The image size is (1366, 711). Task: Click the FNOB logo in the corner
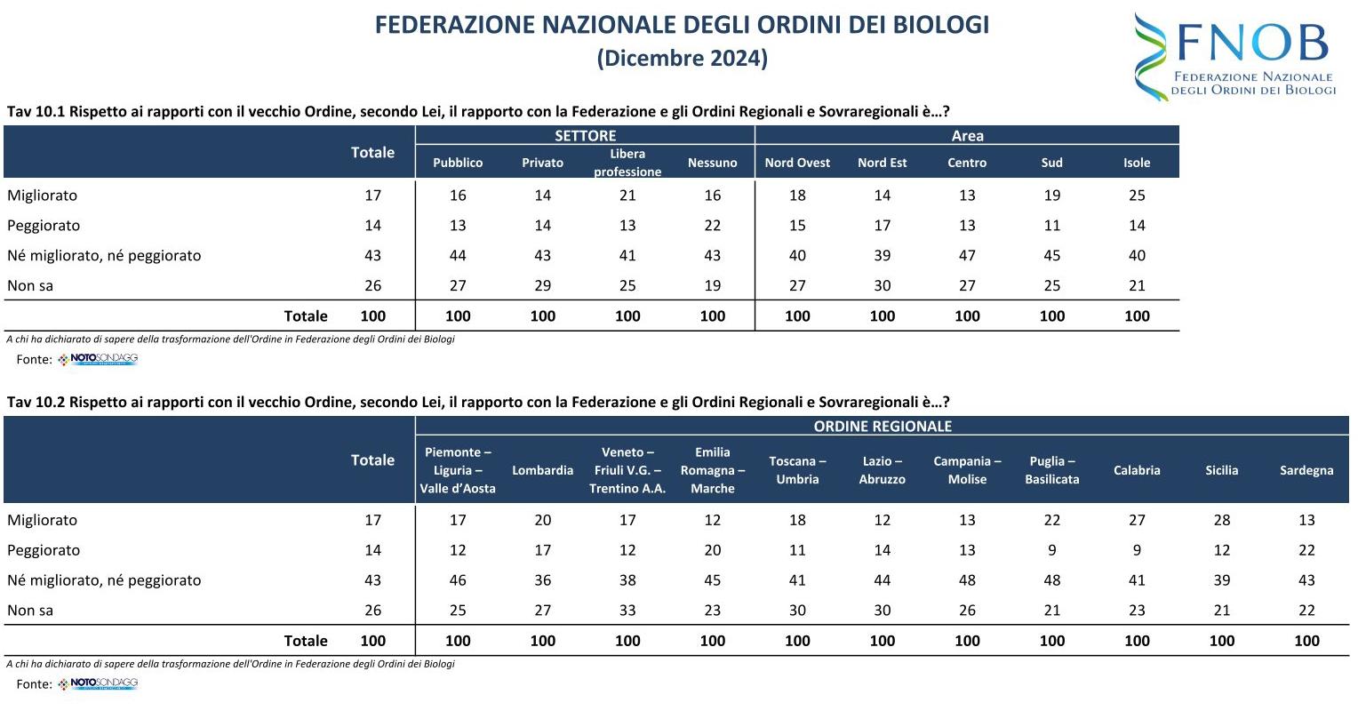click(1235, 55)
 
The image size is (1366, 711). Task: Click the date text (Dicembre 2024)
click(682, 59)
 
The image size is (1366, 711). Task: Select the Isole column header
click(1137, 163)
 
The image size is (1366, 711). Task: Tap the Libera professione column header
click(627, 163)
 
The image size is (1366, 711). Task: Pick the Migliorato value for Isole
click(1137, 196)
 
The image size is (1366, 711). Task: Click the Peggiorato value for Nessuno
click(712, 226)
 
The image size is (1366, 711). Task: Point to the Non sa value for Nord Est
click(882, 285)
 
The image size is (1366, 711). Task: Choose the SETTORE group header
click(585, 136)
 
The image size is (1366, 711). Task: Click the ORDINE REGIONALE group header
click(882, 427)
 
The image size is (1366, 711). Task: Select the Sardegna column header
click(1306, 470)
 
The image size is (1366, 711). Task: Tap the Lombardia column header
click(542, 470)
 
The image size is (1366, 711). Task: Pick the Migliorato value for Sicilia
click(1221, 520)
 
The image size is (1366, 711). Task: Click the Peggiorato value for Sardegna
click(1306, 550)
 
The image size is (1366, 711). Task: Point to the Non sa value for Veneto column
click(627, 611)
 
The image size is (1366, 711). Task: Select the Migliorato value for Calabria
click(1137, 520)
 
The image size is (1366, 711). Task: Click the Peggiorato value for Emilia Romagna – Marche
click(712, 550)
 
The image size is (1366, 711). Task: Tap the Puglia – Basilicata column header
click(1051, 470)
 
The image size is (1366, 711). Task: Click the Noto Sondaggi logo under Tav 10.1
click(99, 360)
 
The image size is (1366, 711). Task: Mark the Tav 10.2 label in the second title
click(36, 402)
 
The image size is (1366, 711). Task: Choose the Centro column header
click(967, 163)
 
